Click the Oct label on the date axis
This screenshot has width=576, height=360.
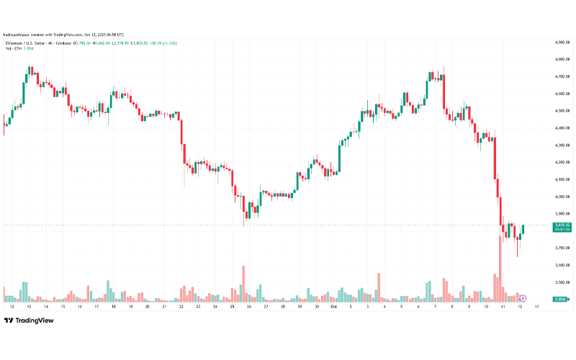333,306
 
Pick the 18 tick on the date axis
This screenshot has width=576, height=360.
113,306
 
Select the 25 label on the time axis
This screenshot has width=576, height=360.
232,306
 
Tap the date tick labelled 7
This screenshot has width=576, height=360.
436,306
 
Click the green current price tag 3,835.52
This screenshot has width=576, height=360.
562,225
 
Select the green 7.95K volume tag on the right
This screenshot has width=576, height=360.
562,300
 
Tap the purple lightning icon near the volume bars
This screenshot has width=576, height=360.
523,297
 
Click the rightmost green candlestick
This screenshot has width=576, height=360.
523,229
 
